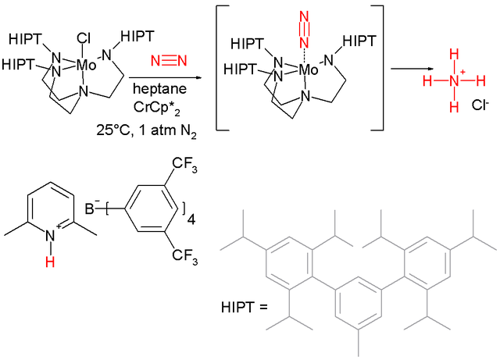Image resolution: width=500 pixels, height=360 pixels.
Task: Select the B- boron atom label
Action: coord(90,209)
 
